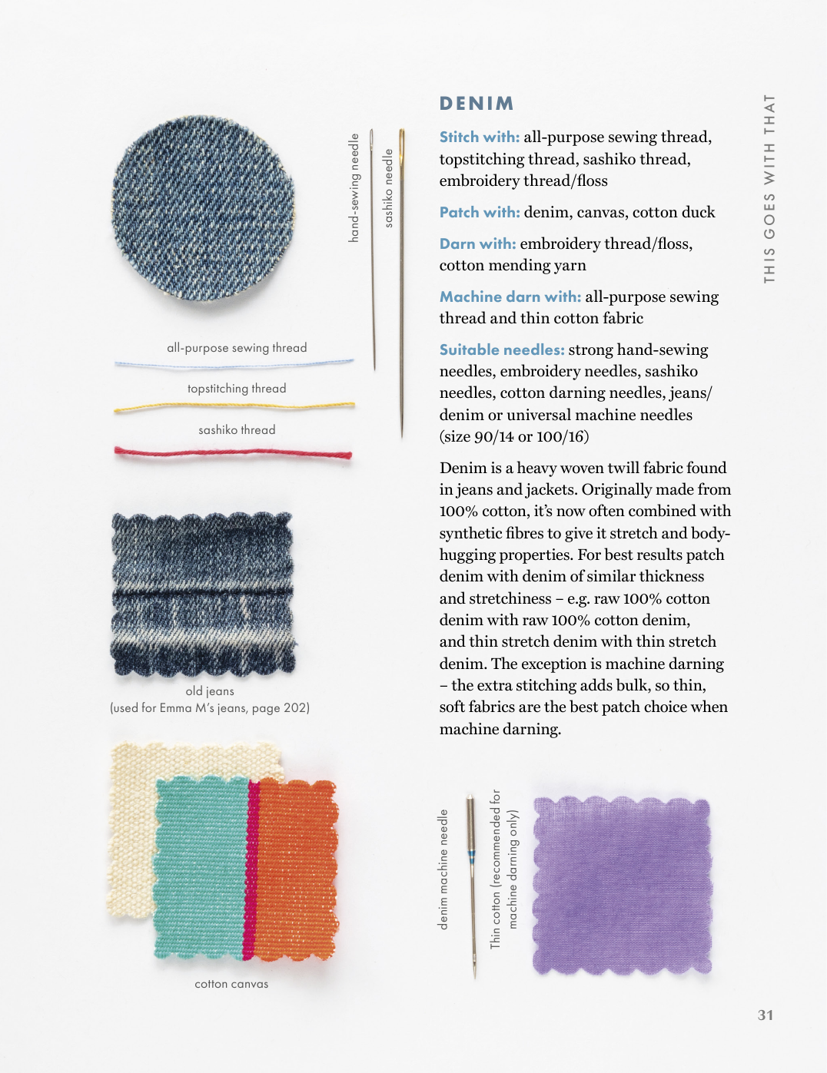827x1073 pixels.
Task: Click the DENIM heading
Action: [477, 104]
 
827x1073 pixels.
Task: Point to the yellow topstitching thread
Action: [234, 406]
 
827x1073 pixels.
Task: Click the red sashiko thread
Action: [234, 452]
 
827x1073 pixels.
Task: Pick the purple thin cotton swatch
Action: [622, 886]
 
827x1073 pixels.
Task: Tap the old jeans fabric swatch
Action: [203, 592]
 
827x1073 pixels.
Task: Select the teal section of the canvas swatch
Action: [200, 868]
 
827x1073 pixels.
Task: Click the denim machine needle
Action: [472, 883]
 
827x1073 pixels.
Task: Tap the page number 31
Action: [766, 1015]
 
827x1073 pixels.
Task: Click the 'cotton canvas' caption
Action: [231, 984]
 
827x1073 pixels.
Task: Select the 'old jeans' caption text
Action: [210, 691]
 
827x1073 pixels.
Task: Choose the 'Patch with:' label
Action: [480, 213]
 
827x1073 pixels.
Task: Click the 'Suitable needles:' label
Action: [502, 350]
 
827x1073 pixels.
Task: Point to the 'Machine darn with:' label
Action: [510, 297]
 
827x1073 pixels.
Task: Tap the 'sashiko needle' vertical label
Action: [388, 188]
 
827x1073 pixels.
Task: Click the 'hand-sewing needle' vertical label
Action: [354, 188]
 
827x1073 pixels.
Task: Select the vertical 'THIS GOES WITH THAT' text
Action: [769, 188]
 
